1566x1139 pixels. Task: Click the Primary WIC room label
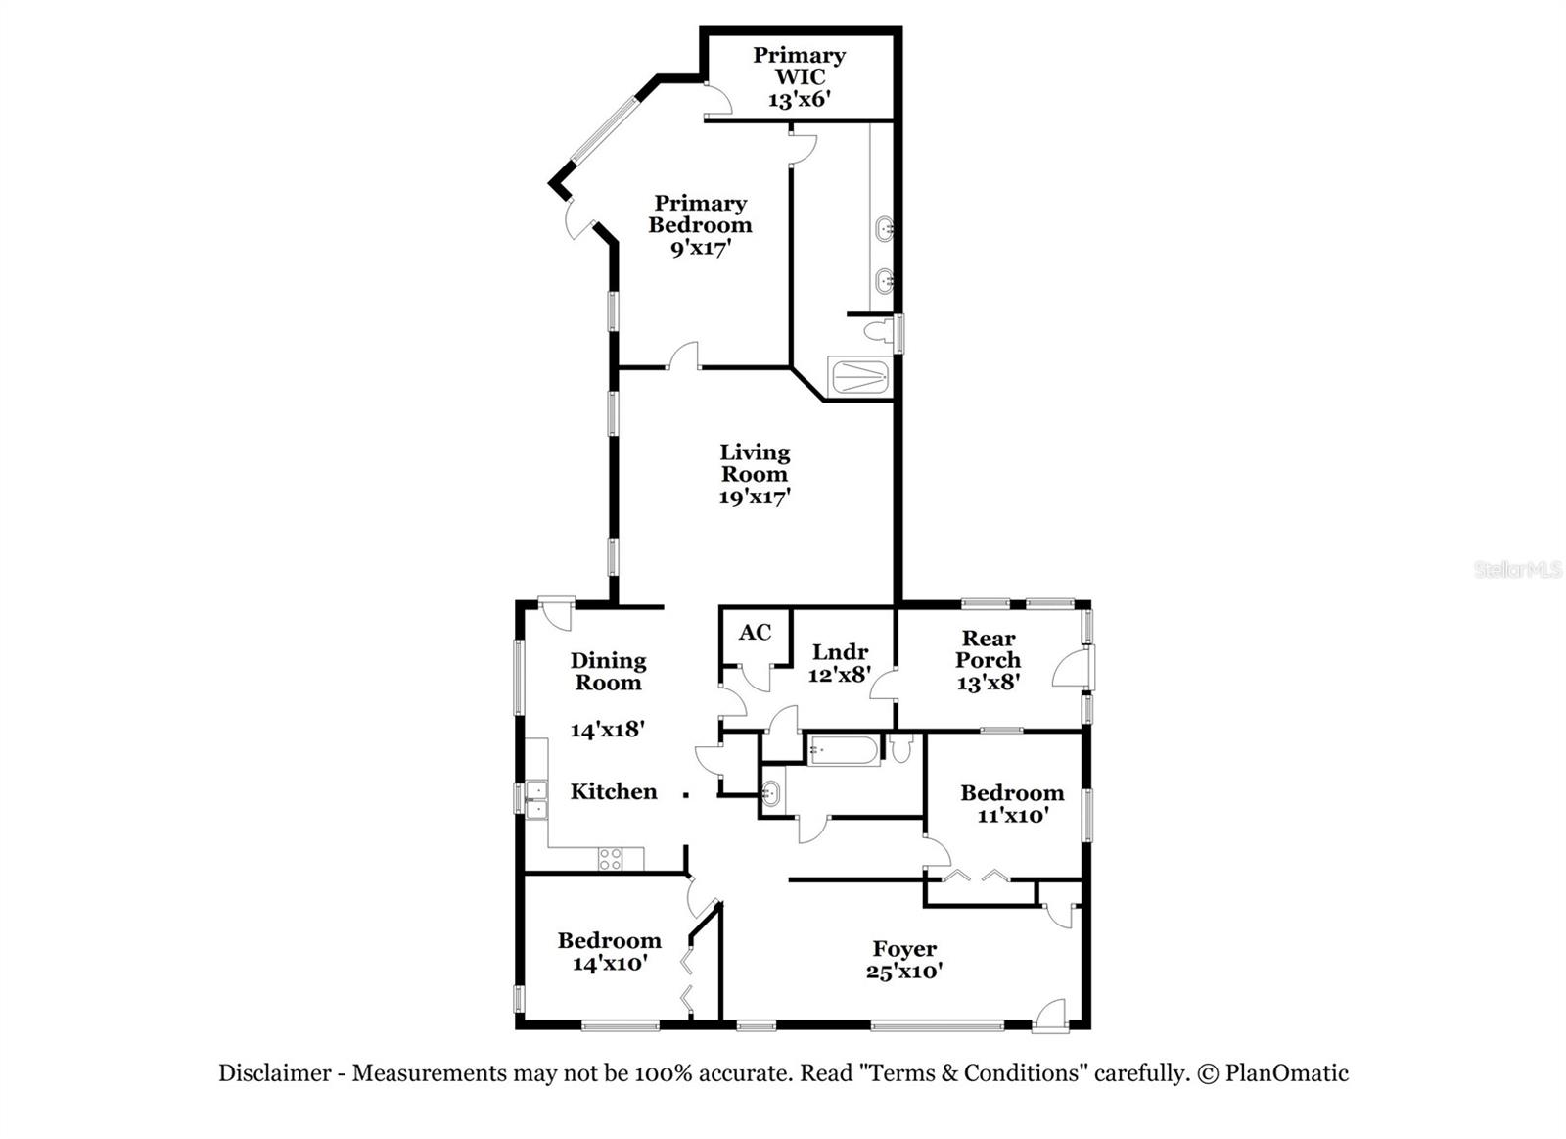(x=799, y=76)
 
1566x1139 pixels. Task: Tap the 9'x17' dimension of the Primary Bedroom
(x=700, y=248)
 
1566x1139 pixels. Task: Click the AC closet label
(x=755, y=633)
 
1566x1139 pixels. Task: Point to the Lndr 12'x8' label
(x=840, y=663)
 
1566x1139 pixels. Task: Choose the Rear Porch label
(x=989, y=659)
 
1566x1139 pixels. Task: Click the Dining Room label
(x=608, y=672)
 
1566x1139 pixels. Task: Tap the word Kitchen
(x=614, y=791)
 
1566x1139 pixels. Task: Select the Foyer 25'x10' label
(x=904, y=960)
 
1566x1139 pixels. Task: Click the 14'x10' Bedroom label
(x=609, y=951)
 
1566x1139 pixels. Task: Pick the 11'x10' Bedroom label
(x=1012, y=803)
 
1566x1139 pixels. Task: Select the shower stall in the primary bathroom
(x=858, y=377)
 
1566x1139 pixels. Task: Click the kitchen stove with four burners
(x=610, y=859)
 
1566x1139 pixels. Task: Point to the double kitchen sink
(x=535, y=799)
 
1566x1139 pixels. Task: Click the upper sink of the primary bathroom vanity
(x=884, y=228)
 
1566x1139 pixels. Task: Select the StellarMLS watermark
(x=1517, y=569)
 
